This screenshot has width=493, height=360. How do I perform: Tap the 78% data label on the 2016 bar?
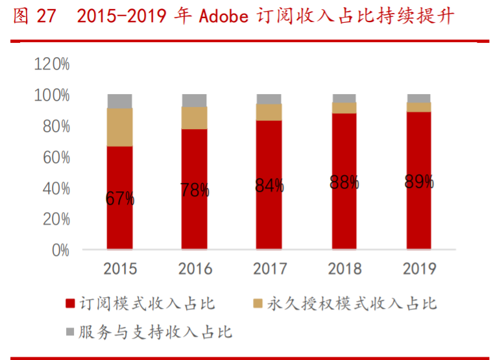coord(195,190)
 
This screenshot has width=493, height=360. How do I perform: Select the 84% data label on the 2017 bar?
coord(269,186)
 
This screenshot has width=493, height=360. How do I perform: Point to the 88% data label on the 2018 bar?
coord(344,183)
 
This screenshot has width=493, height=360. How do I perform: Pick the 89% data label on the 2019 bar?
coord(419,182)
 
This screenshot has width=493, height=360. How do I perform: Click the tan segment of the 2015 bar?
coord(120,127)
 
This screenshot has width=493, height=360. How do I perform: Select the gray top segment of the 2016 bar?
coord(195,101)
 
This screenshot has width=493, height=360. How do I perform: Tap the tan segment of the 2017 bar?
coord(269,112)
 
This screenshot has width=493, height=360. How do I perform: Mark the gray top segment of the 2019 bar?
coord(419,98)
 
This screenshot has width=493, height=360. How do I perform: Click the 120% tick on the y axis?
coord(52,64)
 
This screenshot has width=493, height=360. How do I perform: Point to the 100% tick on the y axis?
coord(52,95)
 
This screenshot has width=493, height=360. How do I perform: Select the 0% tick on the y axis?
coord(60,250)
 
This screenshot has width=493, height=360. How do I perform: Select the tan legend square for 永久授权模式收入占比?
coord(258,304)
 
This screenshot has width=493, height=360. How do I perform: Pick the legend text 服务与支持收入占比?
coord(155,333)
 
